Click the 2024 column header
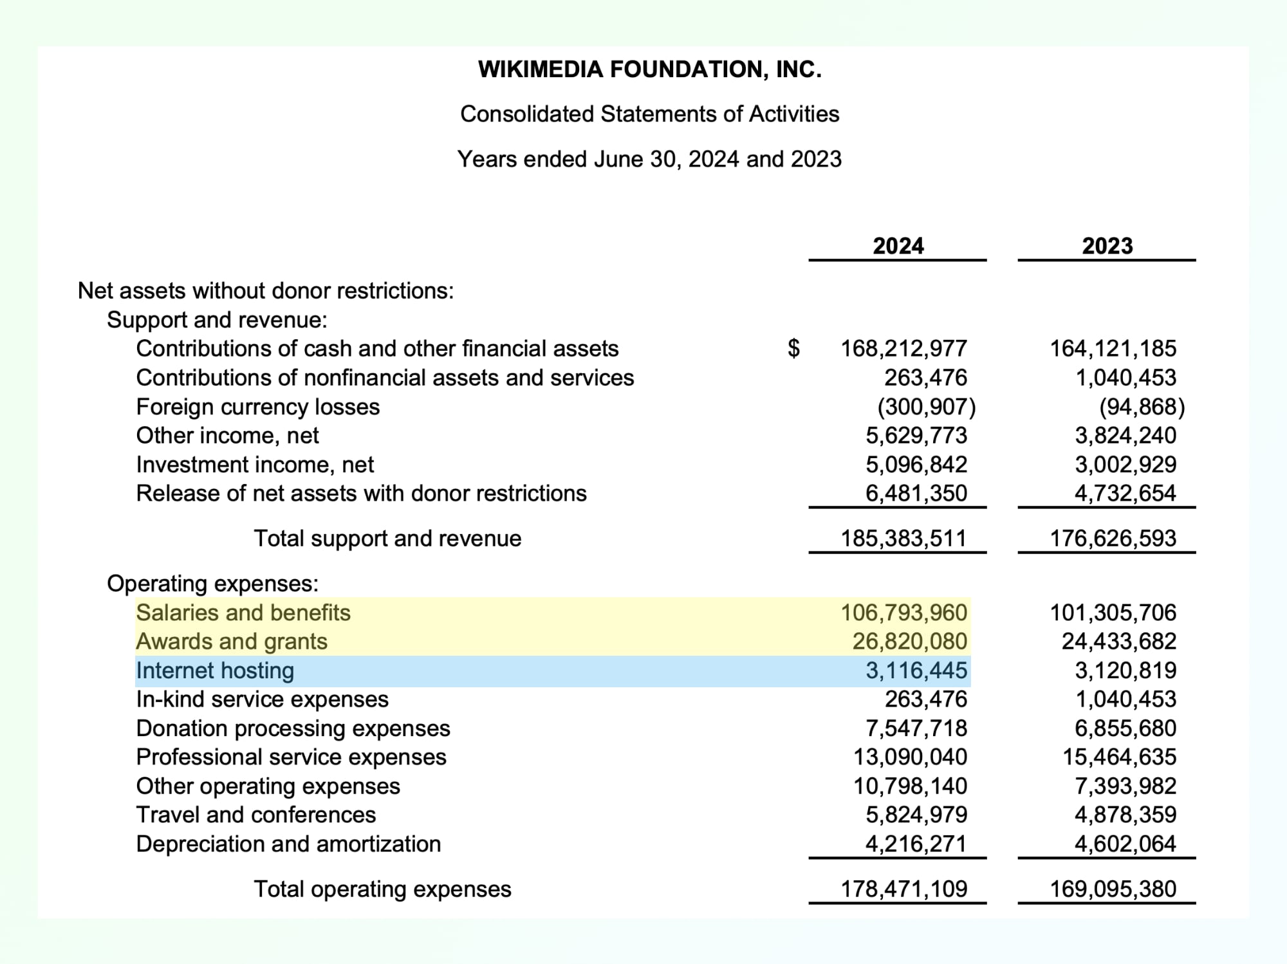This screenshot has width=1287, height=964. (898, 246)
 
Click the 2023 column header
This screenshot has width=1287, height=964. (1107, 246)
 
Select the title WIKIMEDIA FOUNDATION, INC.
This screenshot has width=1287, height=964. (649, 70)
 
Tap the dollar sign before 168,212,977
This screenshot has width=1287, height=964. (794, 348)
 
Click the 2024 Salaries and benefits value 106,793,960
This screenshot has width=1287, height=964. (903, 612)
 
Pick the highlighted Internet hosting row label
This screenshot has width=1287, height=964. (215, 671)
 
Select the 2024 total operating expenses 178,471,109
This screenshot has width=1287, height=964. (903, 889)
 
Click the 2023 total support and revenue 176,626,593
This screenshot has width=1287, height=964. (1113, 538)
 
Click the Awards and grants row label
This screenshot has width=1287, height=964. (232, 642)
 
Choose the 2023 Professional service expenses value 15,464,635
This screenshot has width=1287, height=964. (1119, 757)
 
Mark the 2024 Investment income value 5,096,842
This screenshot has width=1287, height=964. (916, 465)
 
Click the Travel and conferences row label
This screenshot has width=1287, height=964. (255, 815)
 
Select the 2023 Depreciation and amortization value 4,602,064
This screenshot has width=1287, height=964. (1125, 844)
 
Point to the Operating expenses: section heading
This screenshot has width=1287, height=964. (212, 584)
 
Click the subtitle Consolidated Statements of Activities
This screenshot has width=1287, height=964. (649, 114)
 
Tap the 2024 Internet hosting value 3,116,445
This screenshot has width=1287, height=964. (916, 671)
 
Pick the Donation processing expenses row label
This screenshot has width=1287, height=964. (293, 728)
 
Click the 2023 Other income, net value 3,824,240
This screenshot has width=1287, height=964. (1125, 436)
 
